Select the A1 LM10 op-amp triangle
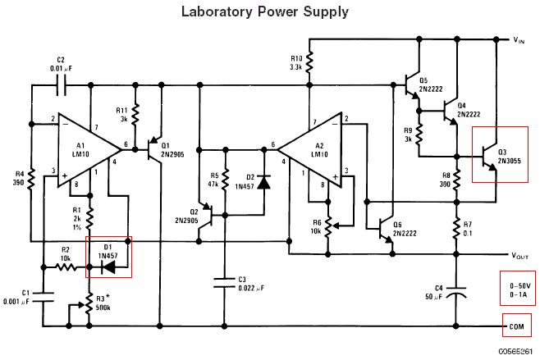87,148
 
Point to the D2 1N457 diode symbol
263,182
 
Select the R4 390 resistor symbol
30,178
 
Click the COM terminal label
517,326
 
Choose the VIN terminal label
523,39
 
